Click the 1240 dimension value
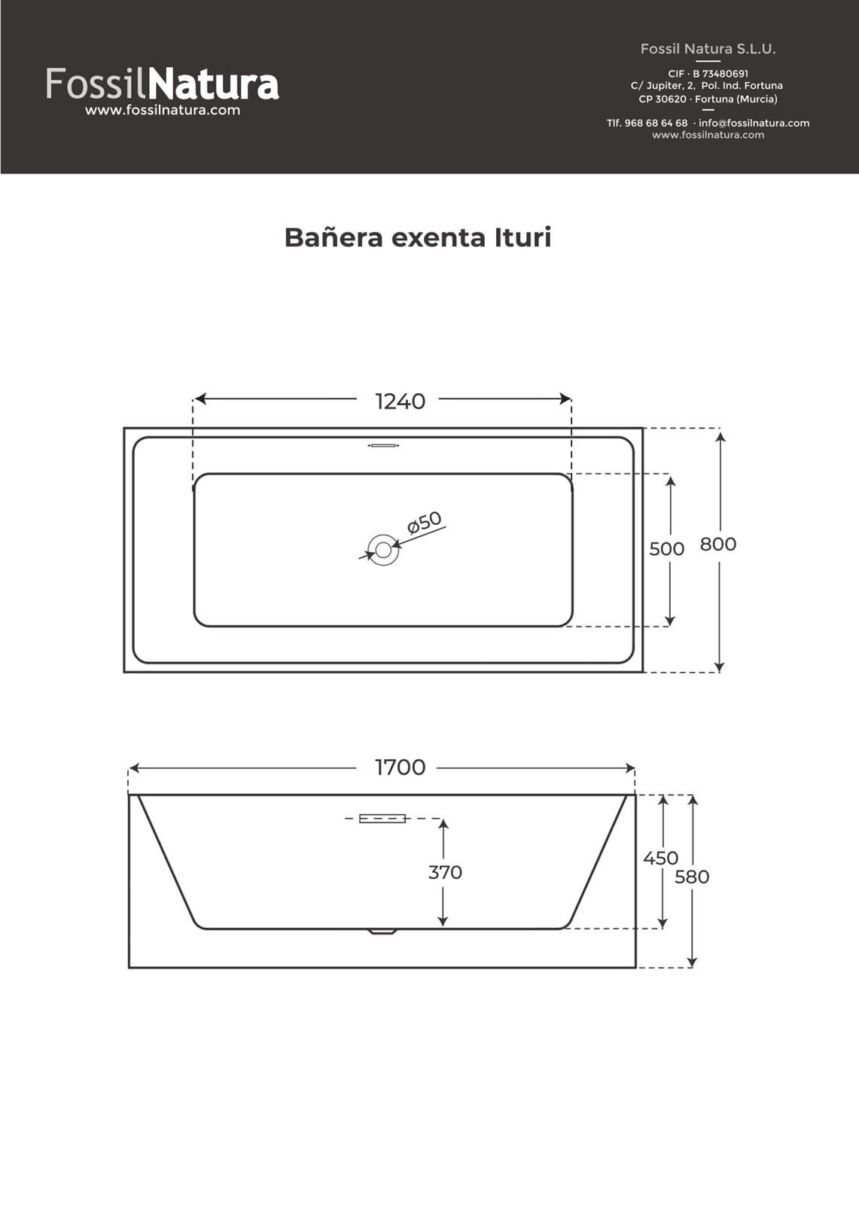400,401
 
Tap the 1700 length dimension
400,767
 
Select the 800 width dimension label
717,544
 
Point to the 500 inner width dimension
666,549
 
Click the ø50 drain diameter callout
425,522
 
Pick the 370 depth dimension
445,872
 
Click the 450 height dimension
660,858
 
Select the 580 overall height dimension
691,877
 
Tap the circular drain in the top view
382,550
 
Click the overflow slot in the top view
382,446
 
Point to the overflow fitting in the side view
382,819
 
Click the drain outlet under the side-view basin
382,932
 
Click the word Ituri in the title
522,237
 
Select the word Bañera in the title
334,237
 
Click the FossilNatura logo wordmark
162,84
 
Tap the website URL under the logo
162,110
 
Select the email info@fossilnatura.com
754,123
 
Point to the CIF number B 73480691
720,74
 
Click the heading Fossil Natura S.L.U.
708,49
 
